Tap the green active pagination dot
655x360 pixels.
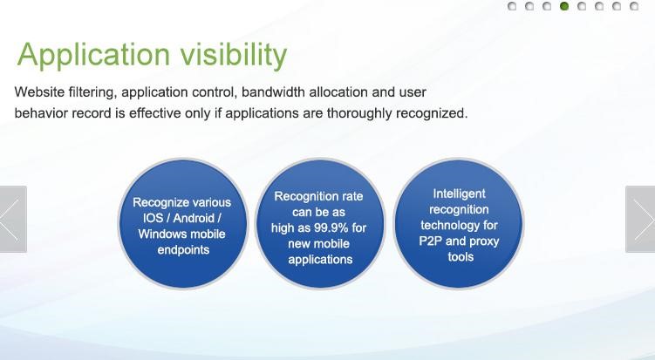click(564, 7)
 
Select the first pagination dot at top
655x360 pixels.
click(512, 7)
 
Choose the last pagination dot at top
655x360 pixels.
click(634, 7)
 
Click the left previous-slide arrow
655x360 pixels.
click(12, 219)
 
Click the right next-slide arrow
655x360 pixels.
click(641, 219)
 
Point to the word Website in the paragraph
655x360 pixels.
click(41, 92)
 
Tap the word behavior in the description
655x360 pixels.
click(41, 113)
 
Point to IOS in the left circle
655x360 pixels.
click(154, 218)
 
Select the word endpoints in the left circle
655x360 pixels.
click(182, 249)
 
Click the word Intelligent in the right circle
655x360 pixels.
click(459, 194)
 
